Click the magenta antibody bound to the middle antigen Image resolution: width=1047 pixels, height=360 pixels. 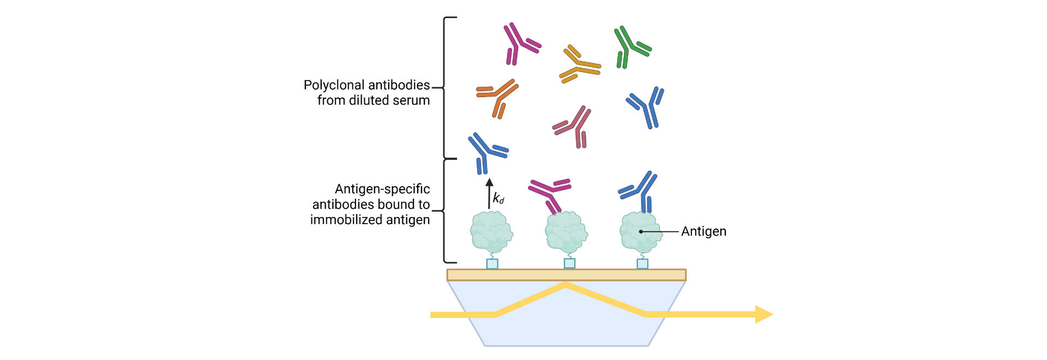(550, 193)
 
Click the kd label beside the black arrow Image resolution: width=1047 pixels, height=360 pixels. (498, 198)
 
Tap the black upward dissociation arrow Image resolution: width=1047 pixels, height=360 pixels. (489, 193)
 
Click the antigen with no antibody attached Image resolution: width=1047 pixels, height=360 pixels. (491, 232)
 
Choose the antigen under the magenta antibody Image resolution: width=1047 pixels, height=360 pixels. (566, 232)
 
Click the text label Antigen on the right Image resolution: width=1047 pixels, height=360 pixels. (703, 231)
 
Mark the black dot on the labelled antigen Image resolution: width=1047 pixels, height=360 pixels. (641, 232)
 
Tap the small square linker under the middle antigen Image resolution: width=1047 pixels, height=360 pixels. (569, 264)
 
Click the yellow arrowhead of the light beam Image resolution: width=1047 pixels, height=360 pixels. (764, 314)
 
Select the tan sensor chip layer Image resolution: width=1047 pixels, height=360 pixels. (566, 275)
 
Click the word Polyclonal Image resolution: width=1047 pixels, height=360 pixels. (334, 86)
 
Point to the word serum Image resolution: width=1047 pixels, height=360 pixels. (413, 101)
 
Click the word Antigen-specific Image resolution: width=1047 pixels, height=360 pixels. (382, 189)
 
